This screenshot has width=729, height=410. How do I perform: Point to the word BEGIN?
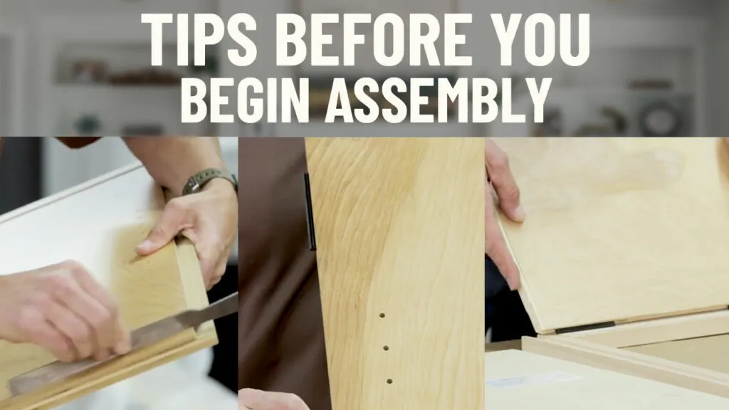pyautogui.click(x=245, y=99)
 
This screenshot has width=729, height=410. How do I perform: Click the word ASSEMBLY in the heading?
pyautogui.click(x=438, y=99)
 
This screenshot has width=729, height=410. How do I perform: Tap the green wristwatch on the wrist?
pyautogui.click(x=207, y=180)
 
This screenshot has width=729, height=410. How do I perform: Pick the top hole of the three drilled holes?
pyautogui.click(x=382, y=315)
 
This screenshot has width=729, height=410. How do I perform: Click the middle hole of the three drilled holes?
pyautogui.click(x=385, y=347)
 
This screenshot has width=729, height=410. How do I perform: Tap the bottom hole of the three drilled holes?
pyautogui.click(x=389, y=382)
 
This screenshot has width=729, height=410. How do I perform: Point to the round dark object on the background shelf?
pyautogui.click(x=660, y=117)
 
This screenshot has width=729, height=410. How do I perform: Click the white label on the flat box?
pyautogui.click(x=530, y=379)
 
